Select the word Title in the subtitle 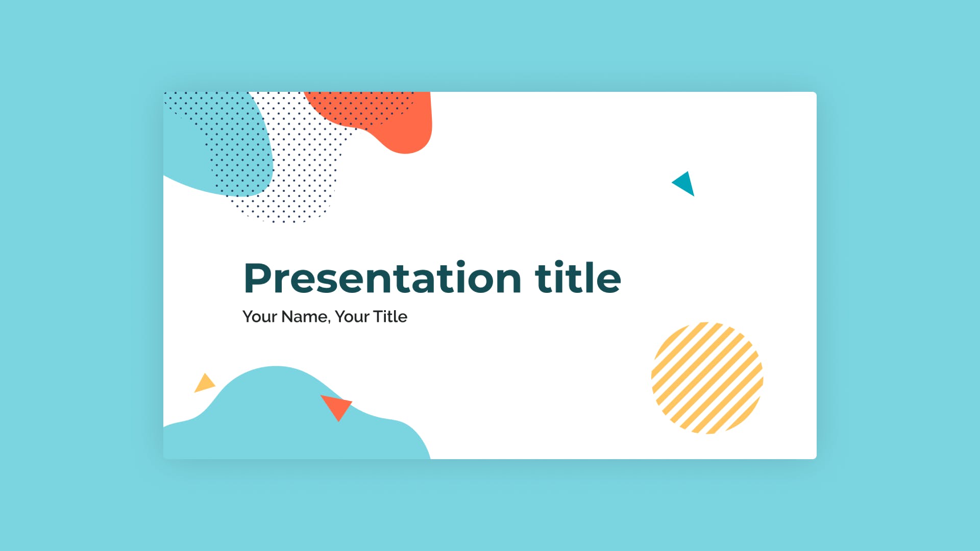[390, 316]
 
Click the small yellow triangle [205, 383]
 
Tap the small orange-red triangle [337, 406]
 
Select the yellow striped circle [707, 378]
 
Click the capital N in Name [288, 316]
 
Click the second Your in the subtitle [352, 317]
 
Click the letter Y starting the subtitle [248, 316]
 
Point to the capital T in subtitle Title [379, 316]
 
